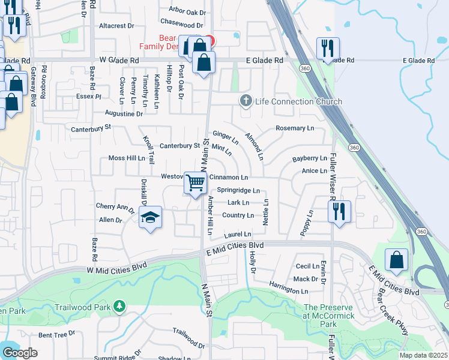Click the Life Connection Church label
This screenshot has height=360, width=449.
pos(298,101)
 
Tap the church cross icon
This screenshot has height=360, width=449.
pos(246,100)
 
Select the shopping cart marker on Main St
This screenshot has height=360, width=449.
pos(195,183)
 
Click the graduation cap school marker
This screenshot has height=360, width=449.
pos(150,217)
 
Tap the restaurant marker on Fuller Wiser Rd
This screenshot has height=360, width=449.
pos(339,212)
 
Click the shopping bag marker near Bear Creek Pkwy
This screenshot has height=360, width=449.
pos(396,260)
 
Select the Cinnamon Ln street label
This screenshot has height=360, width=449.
pos(228,178)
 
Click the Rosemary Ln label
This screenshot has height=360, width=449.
pos(295,128)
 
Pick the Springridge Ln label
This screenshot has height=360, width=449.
pos(238,191)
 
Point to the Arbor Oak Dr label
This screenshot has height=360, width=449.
pos(187,11)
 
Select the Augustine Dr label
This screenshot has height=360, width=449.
pos(124,113)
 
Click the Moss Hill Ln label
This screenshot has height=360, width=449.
pos(127,158)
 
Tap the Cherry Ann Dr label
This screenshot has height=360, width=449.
pos(115,207)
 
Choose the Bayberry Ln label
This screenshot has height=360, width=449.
pos(310,159)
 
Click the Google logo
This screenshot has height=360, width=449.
pos(20,353)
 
